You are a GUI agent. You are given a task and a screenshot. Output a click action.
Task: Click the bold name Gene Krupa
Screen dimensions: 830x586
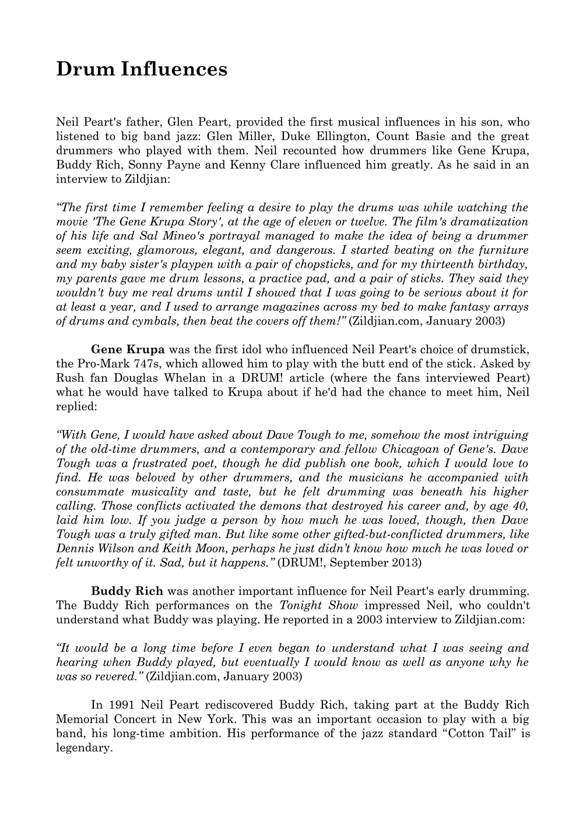click(128, 350)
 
